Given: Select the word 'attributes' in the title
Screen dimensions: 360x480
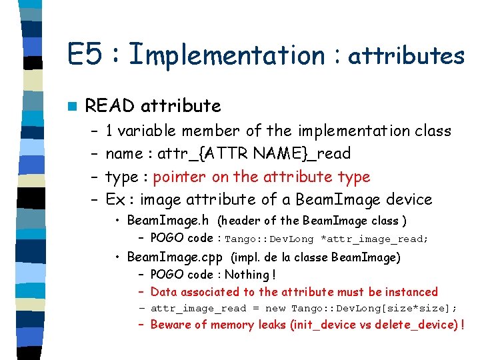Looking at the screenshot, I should [406, 56].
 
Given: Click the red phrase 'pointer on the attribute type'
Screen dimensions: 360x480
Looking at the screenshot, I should [261, 177].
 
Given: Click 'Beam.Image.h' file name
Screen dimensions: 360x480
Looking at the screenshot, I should [168, 220].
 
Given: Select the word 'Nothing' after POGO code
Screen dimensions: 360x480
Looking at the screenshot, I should [247, 275].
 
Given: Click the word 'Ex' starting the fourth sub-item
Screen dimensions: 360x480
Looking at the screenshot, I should [116, 199].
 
